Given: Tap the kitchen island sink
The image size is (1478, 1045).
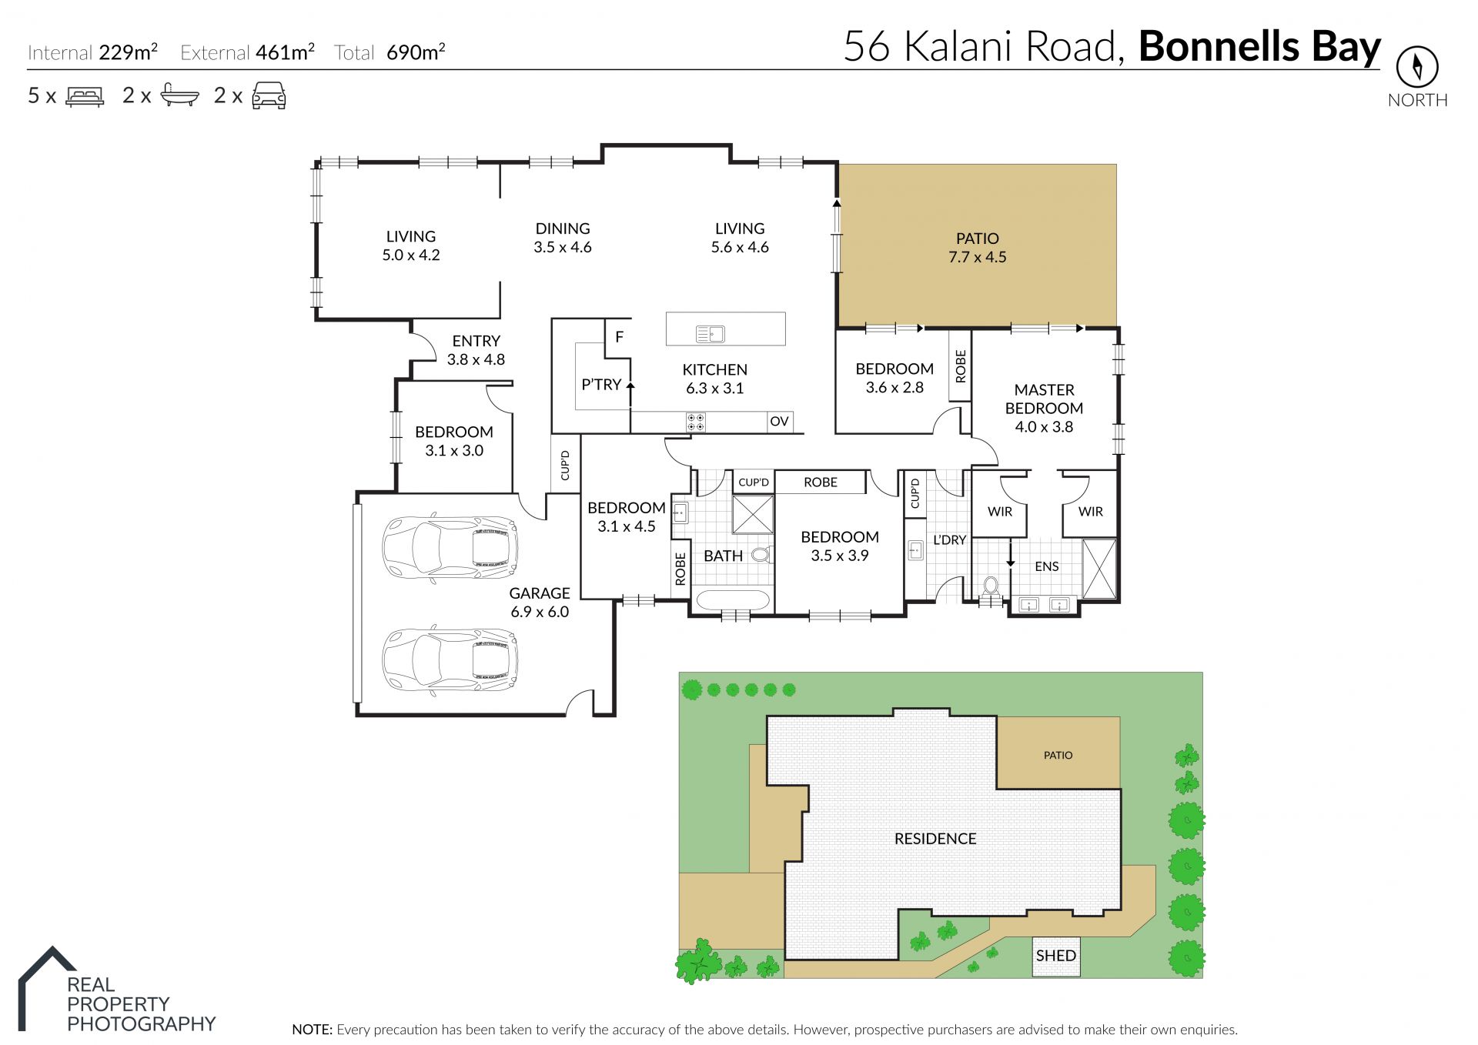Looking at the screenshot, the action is click(x=710, y=334).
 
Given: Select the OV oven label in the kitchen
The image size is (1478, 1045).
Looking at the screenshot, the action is click(x=779, y=421).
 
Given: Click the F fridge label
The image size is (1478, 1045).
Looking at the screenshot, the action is click(x=619, y=336).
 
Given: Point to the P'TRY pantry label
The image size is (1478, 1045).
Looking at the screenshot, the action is click(x=601, y=384).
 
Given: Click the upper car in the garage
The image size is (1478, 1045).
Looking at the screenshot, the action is click(x=450, y=548).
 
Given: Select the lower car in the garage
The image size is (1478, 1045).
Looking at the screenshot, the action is click(x=450, y=661).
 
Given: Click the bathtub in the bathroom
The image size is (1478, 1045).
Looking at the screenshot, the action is click(x=732, y=600).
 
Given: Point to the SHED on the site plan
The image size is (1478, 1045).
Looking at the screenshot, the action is click(x=1055, y=956).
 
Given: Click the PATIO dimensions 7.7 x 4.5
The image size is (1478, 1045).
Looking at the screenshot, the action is click(x=977, y=257).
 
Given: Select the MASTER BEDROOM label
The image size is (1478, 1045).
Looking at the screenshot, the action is click(x=1044, y=399).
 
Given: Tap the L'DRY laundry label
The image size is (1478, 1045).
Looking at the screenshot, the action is click(x=949, y=540).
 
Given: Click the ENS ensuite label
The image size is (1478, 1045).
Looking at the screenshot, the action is click(x=1046, y=566).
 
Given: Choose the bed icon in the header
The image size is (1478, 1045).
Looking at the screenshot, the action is click(x=85, y=96).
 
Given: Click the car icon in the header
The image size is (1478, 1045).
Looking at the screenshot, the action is click(x=269, y=96).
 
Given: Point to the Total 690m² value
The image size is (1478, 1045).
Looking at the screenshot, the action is click(x=416, y=52).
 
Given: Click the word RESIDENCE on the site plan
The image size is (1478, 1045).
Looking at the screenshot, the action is click(x=935, y=839).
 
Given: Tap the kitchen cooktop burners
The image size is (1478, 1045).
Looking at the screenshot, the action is click(x=696, y=422).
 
